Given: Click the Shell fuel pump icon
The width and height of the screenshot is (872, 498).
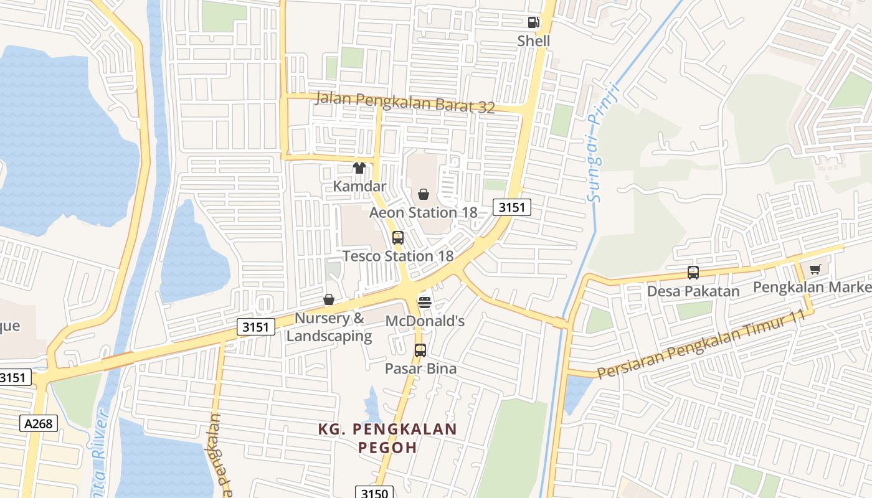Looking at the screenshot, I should [534, 22].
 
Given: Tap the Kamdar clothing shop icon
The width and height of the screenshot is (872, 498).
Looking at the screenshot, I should [359, 167].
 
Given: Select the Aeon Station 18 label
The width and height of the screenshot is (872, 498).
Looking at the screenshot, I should [423, 212].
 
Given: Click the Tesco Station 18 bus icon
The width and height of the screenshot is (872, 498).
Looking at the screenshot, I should [397, 238].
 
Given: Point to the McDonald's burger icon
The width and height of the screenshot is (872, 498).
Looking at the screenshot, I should [425, 303].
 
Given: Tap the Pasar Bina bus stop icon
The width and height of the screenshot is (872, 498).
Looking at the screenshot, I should [420, 350].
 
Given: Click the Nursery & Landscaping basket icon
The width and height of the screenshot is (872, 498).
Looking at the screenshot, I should [329, 300].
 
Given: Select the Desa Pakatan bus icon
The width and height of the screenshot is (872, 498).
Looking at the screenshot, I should [693, 273].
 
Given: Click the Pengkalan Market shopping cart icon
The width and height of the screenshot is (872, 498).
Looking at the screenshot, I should [815, 270].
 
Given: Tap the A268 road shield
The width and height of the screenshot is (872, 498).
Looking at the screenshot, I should [39, 424].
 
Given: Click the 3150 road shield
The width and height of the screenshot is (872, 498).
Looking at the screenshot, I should [374, 493].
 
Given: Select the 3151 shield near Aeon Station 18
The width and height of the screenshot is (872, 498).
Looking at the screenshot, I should [511, 207].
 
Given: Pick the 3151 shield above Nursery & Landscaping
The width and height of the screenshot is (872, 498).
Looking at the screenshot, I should [255, 327].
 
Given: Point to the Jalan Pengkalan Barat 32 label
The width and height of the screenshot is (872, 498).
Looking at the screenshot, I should [405, 103].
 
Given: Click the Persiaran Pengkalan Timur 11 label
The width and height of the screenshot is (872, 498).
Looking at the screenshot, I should [701, 344].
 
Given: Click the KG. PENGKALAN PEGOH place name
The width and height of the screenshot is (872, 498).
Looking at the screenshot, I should [387, 438].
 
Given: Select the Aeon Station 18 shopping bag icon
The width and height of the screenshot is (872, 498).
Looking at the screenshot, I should [424, 195].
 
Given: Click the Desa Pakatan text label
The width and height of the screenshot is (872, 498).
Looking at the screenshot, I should [693, 291].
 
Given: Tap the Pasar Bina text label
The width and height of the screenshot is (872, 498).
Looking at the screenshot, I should [420, 369].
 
